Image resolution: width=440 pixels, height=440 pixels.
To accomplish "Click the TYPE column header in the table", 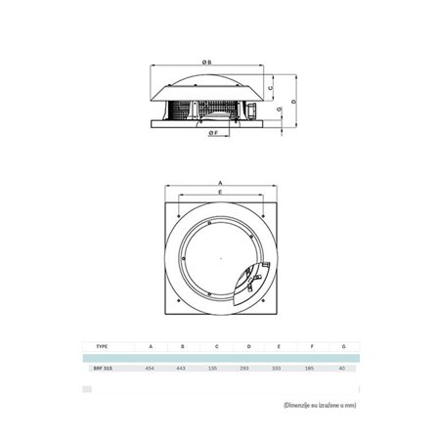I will coord(102,345).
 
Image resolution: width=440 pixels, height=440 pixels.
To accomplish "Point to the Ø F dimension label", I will coord(211,147).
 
